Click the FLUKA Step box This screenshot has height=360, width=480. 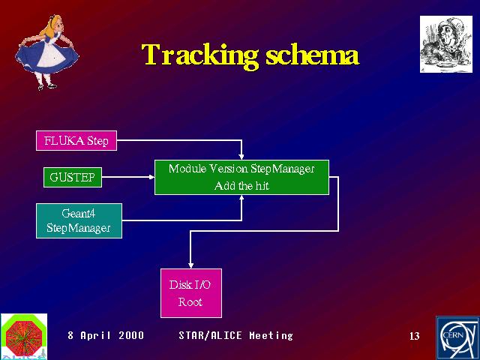(76, 140)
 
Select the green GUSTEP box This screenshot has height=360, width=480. (73, 177)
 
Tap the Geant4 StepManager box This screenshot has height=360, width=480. (79, 220)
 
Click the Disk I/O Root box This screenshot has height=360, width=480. (191, 293)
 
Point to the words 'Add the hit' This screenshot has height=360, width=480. (241, 186)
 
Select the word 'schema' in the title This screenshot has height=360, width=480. (312, 55)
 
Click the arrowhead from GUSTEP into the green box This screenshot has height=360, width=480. (151, 177)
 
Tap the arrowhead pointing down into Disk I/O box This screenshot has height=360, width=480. (190, 265)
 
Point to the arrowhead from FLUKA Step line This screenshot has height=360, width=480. (241, 157)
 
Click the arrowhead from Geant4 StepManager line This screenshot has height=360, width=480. (241, 198)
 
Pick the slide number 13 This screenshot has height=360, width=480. (415, 336)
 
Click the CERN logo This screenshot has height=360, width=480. (457, 338)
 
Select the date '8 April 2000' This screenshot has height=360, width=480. (106, 335)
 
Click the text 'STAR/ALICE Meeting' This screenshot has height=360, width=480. (235, 335)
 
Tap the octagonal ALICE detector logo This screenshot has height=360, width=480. (24, 336)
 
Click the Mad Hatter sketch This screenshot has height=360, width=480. (446, 44)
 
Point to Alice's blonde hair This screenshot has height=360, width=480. (52, 27)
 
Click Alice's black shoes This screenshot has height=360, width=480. (46, 87)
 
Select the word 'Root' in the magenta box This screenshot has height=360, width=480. (190, 302)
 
